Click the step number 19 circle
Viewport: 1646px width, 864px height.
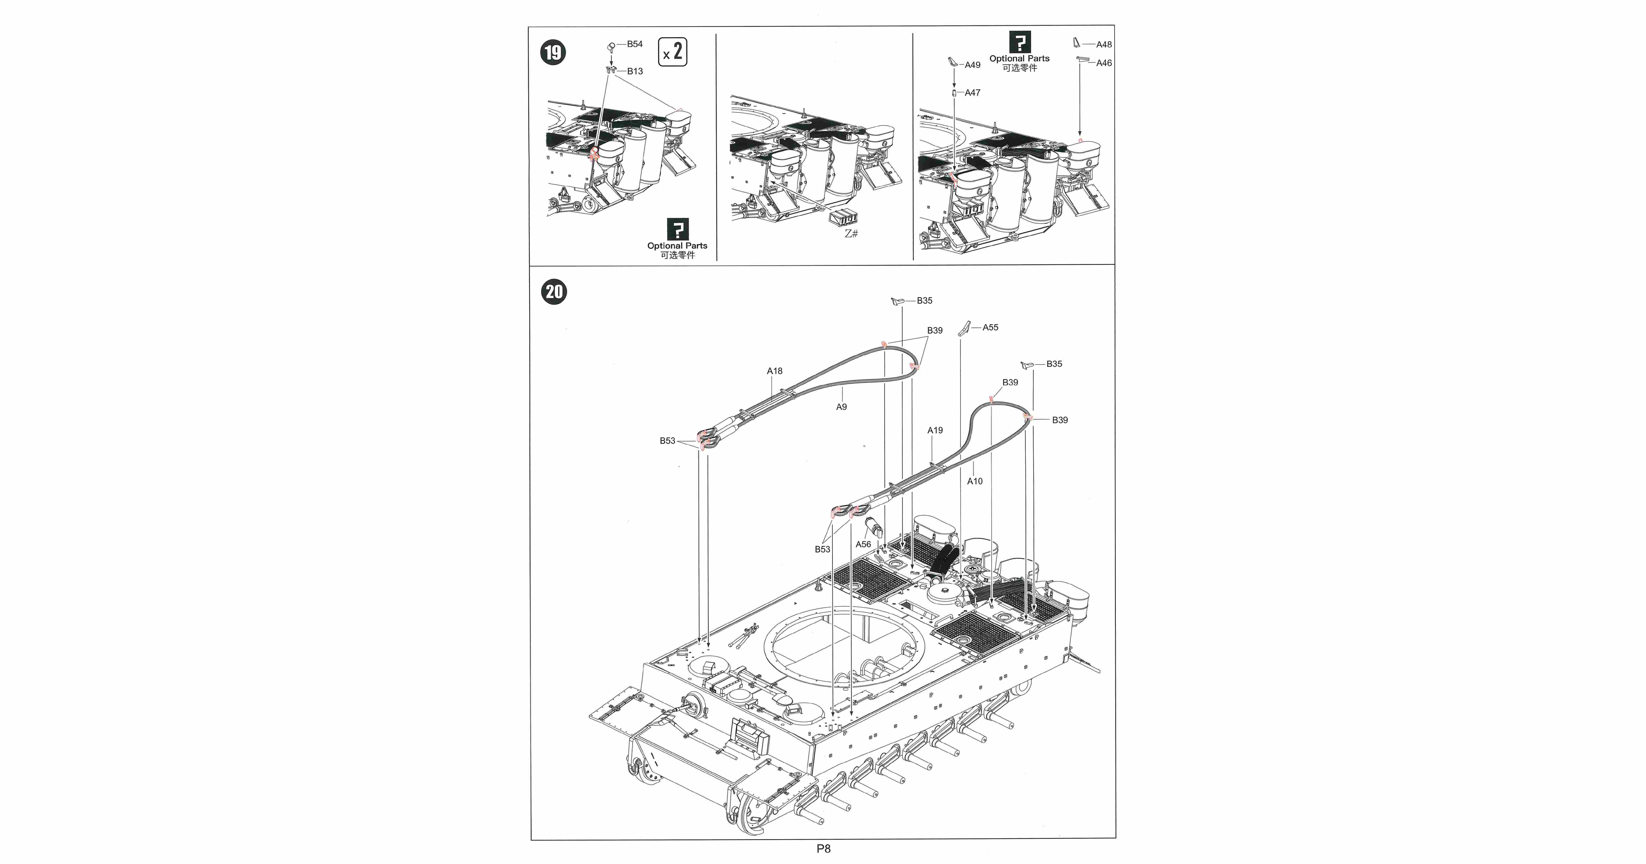(x=553, y=52)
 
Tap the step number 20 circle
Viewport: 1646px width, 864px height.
(x=554, y=292)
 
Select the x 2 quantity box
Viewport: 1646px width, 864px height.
(x=672, y=52)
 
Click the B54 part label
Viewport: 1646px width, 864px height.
(x=635, y=44)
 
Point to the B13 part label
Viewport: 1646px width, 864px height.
(x=635, y=71)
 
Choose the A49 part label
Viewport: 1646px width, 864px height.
(x=972, y=65)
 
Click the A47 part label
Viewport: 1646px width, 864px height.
(x=972, y=93)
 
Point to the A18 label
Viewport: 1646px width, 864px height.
(x=774, y=371)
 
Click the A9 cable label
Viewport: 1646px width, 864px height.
(x=842, y=406)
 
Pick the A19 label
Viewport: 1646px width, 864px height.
(x=935, y=430)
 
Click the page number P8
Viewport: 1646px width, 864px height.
(x=823, y=849)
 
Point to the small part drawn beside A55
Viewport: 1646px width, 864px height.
(x=964, y=328)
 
